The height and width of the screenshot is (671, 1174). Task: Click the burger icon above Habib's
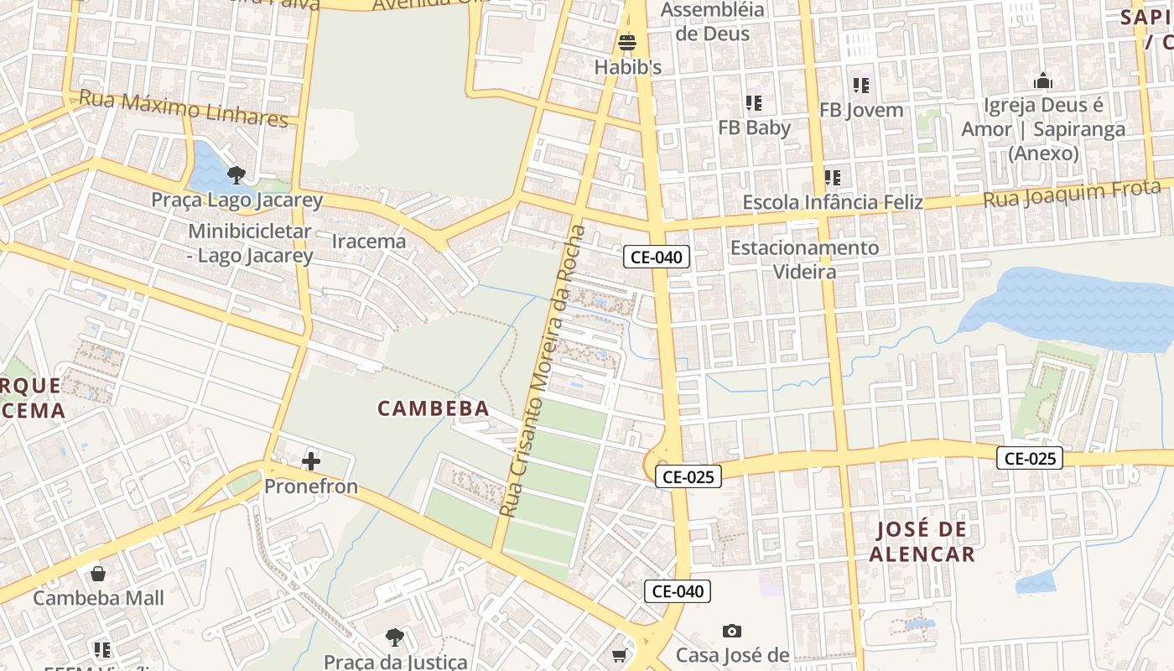(627, 42)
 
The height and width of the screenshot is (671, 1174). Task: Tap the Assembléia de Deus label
(713, 22)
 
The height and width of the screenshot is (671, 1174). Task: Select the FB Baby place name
(754, 127)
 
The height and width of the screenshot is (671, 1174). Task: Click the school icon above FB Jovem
(860, 85)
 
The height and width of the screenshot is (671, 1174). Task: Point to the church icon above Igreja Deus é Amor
(1043, 81)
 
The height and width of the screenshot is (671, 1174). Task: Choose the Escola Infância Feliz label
(833, 202)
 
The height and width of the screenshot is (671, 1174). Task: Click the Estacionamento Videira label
(804, 259)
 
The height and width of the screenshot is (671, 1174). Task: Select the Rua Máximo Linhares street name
(183, 109)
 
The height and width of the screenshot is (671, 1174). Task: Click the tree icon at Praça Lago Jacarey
(236, 175)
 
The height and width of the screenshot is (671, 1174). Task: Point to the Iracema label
(369, 242)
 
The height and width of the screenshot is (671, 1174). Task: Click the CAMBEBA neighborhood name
(433, 408)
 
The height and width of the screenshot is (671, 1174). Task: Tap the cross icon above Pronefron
(311, 461)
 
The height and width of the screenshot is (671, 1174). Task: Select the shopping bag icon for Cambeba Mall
(98, 574)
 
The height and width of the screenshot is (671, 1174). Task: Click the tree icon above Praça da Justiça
(394, 637)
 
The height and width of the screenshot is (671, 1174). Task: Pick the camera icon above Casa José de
(732, 631)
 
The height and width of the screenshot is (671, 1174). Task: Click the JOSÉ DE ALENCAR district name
(922, 542)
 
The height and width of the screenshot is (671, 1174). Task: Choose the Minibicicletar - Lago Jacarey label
(250, 243)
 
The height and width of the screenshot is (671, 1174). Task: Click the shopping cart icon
(619, 655)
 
